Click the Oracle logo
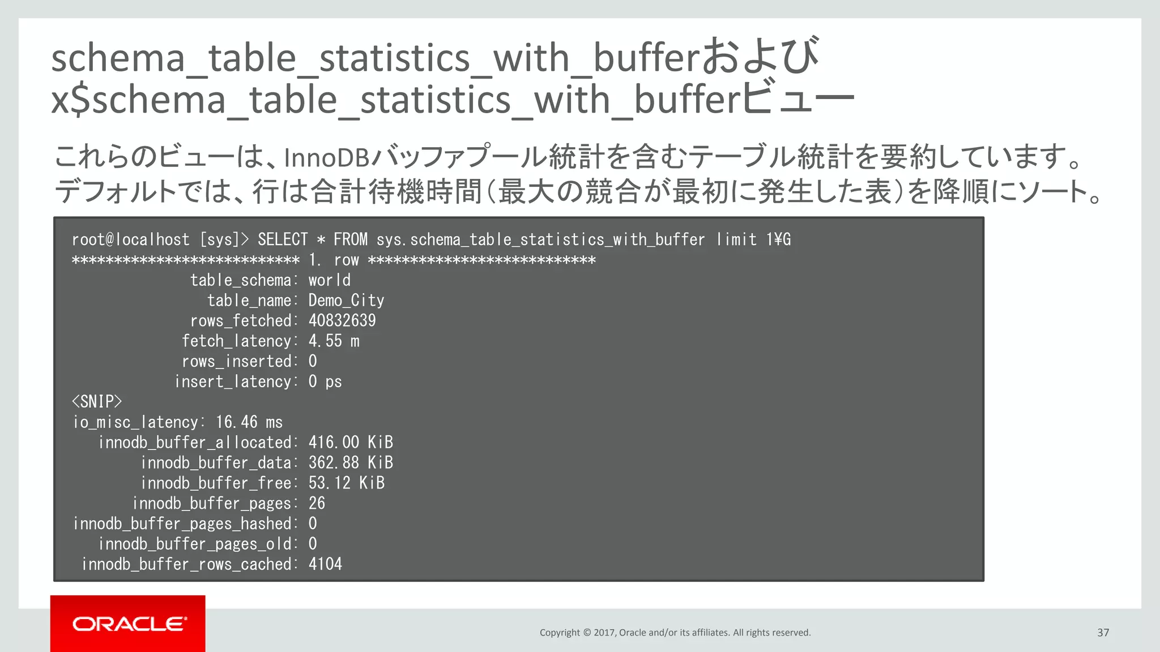pos(129,624)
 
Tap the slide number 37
pos(1103,632)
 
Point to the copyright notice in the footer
pos(675,632)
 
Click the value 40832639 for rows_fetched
pos(342,321)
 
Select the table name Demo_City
pos(346,301)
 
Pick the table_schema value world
pos(329,280)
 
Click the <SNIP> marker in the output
pos(97,402)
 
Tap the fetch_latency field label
pos(236,341)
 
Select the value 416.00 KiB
pos(350,443)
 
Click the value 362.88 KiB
pos(350,463)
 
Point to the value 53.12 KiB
pos(346,483)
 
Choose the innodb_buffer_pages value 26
pos(317,503)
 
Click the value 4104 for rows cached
pos(325,564)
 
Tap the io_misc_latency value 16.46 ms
pos(249,422)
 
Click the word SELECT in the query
pos(283,239)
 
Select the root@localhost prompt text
pos(131,239)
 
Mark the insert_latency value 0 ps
pos(325,381)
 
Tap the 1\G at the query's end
pos(778,239)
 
